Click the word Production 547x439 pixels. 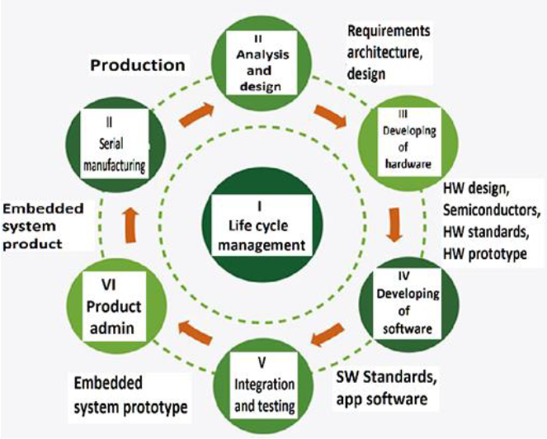[137, 65]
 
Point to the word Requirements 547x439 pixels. [389, 31]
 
